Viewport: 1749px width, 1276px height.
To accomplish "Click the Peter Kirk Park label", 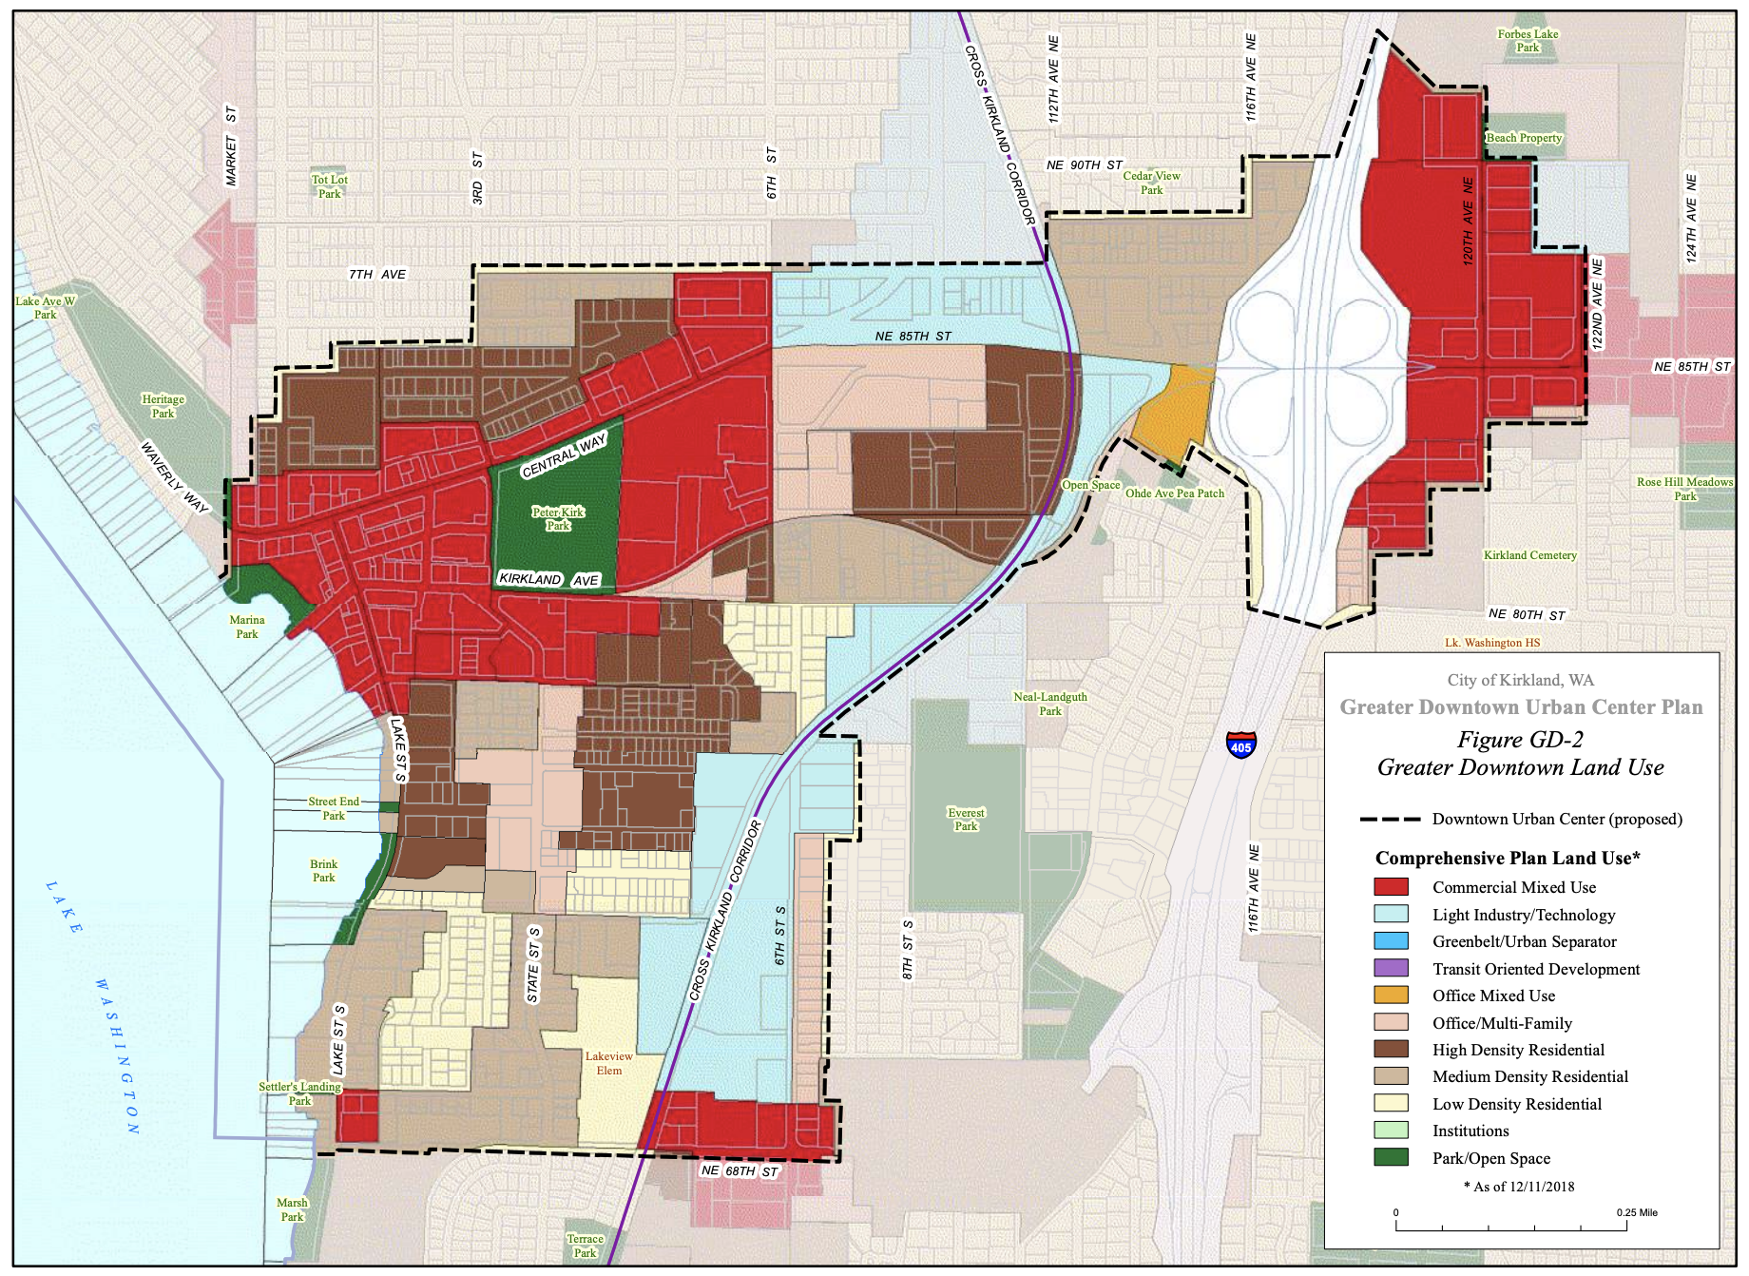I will pyautogui.click(x=558, y=518).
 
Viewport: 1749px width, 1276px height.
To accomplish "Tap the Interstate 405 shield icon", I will pyautogui.click(x=1240, y=744).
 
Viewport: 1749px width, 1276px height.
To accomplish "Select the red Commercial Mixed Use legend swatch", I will pyautogui.click(x=1391, y=887).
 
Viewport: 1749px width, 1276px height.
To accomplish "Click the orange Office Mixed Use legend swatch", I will pyautogui.click(x=1391, y=996).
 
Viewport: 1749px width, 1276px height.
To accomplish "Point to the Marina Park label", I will pyautogui.click(x=247, y=627).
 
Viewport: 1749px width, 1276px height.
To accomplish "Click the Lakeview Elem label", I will pyautogui.click(x=608, y=1063).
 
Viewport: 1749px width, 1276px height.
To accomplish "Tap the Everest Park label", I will pyautogui.click(x=966, y=820).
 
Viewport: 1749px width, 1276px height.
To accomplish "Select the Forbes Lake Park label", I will pyautogui.click(x=1528, y=41).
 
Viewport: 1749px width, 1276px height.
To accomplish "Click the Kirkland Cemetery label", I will pyautogui.click(x=1529, y=555).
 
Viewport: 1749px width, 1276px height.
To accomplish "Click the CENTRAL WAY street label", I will pyautogui.click(x=564, y=455).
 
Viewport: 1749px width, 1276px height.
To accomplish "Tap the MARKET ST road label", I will pyautogui.click(x=231, y=146).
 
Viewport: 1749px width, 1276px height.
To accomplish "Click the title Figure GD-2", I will pyautogui.click(x=1520, y=740).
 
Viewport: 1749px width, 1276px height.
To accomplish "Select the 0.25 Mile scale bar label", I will pyautogui.click(x=1636, y=1212).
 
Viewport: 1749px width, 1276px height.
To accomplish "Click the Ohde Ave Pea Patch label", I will pyautogui.click(x=1174, y=493).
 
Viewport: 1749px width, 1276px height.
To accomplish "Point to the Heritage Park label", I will pyautogui.click(x=163, y=406).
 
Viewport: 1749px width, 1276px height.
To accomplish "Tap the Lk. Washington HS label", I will pyautogui.click(x=1491, y=643).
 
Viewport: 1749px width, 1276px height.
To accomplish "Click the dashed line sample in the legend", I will pyautogui.click(x=1389, y=819).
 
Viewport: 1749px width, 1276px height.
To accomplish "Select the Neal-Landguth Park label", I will pyautogui.click(x=1049, y=704).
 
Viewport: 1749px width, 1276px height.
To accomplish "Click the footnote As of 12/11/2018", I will pyautogui.click(x=1519, y=1187).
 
